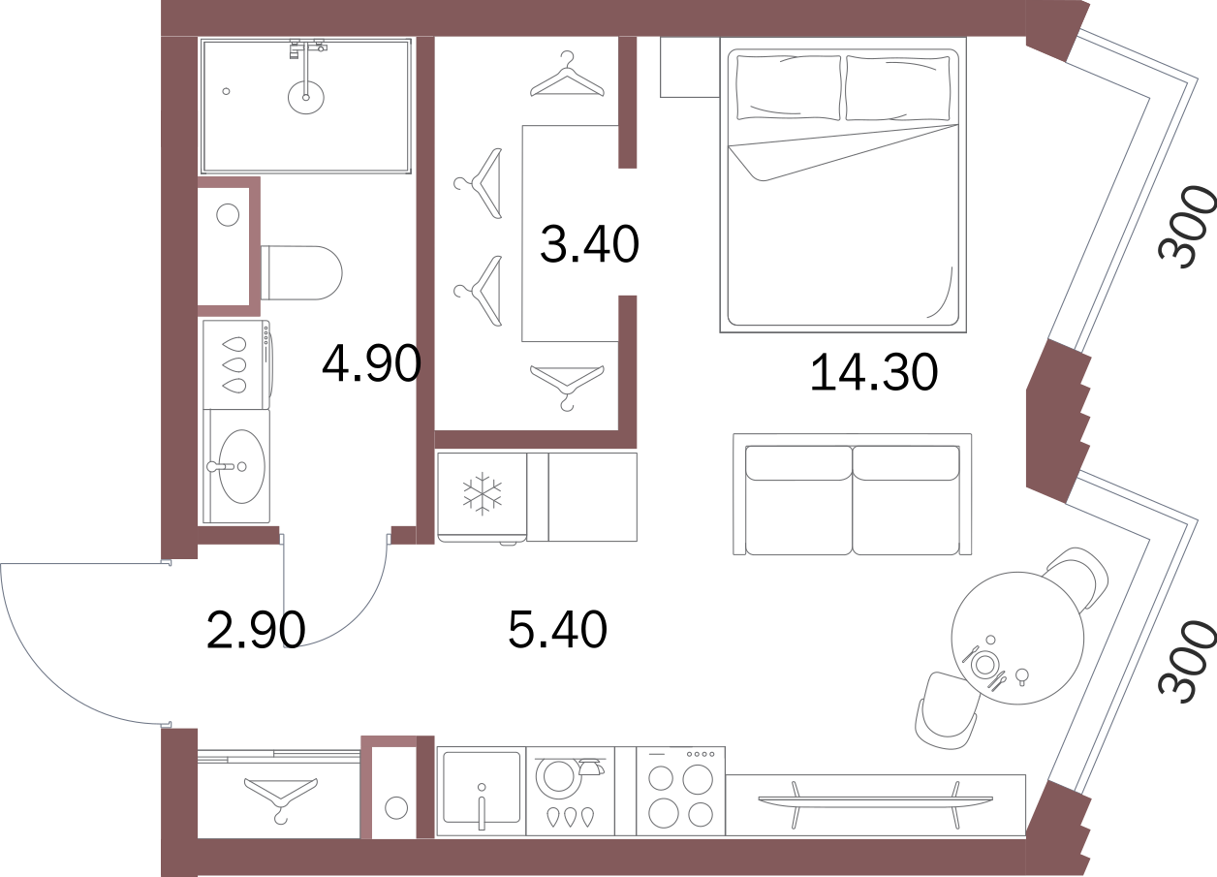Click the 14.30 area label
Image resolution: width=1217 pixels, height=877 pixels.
(874, 372)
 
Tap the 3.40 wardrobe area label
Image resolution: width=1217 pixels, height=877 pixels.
(589, 244)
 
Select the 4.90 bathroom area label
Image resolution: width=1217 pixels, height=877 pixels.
(372, 363)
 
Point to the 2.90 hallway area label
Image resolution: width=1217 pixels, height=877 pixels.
(256, 630)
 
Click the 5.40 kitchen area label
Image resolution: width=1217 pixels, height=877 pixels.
(557, 629)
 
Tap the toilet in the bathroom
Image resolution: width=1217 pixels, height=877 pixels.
(301, 272)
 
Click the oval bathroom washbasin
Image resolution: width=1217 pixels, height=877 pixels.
(242, 466)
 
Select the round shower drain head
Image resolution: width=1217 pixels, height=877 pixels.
(306, 97)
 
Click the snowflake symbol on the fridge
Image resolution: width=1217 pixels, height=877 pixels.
(482, 493)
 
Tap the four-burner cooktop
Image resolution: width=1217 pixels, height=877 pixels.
(681, 791)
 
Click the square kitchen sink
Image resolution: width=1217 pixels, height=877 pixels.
(482, 787)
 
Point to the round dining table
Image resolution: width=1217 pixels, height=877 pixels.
(1017, 638)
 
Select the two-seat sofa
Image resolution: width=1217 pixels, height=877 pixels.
(852, 494)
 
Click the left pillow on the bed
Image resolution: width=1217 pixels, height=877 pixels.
(789, 87)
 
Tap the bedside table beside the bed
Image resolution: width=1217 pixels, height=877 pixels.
(690, 68)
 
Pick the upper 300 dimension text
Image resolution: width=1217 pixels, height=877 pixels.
(1185, 227)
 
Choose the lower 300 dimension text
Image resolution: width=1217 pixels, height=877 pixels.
(1185, 661)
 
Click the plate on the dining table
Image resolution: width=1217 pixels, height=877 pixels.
(984, 664)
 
